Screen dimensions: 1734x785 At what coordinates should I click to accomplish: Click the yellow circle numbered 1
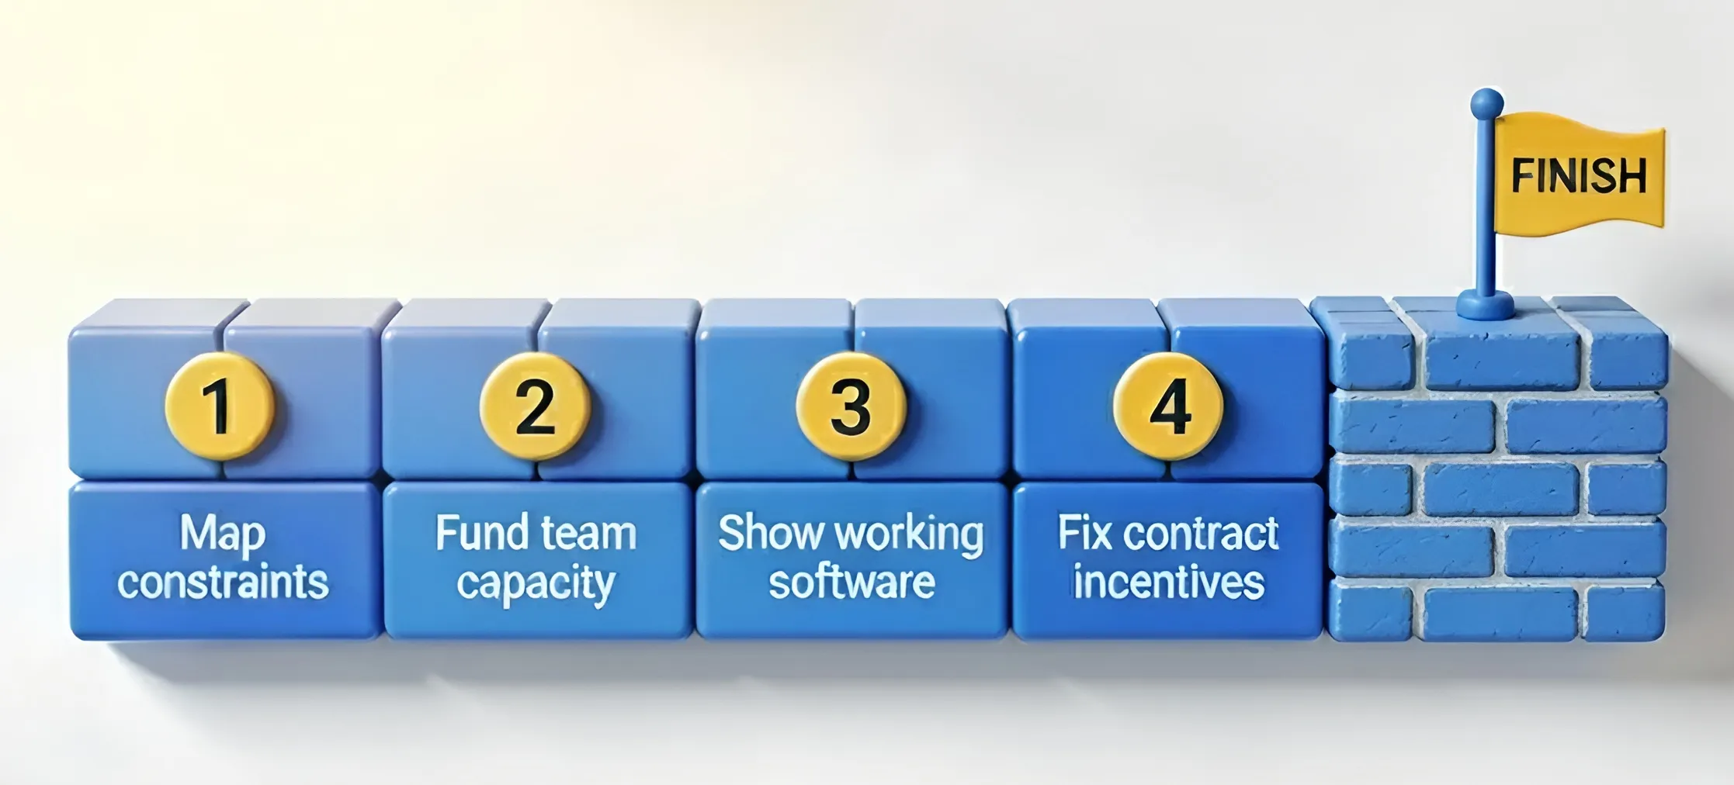coord(220,406)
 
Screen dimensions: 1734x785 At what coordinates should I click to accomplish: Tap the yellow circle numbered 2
coord(535,406)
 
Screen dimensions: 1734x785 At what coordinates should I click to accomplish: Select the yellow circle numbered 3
coord(851,406)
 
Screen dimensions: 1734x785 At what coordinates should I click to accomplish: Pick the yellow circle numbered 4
coord(1168,406)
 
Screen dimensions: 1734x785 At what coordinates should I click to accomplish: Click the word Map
coord(224,534)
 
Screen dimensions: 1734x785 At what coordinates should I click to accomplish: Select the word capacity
coord(536,584)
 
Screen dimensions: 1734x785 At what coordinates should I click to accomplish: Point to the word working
coord(909,534)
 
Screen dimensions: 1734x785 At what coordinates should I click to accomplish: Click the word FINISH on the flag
coord(1579,176)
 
